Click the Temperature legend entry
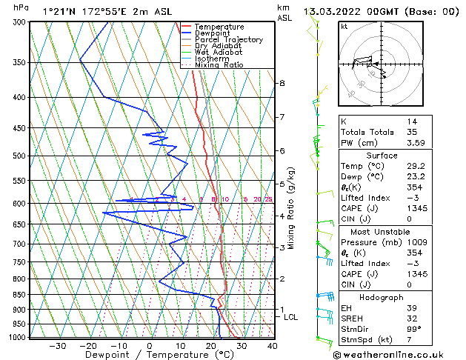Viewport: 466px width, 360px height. point(219,27)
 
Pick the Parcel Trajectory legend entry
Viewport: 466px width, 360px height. point(228,40)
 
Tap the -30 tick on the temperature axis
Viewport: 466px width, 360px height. point(57,346)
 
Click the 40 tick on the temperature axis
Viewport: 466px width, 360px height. point(272,346)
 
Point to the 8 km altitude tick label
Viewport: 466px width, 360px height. point(282,83)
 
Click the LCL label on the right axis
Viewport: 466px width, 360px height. point(291,317)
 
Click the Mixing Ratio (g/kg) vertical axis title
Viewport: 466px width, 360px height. point(291,208)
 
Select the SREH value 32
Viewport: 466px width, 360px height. point(411,318)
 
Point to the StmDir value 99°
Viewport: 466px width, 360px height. point(414,329)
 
